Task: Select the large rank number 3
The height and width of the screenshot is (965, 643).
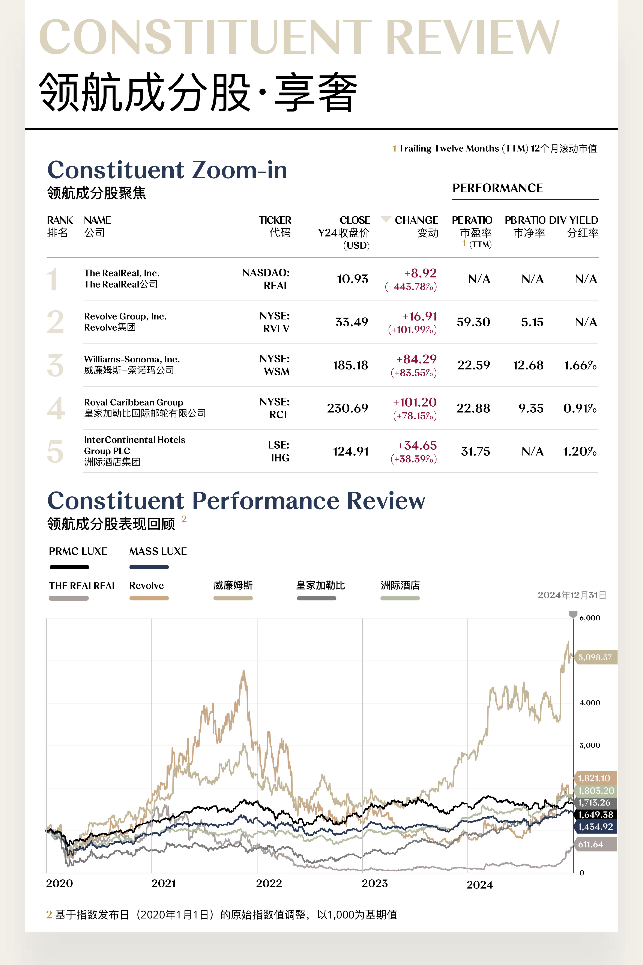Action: [x=55, y=365]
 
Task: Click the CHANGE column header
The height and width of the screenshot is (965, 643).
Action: [x=416, y=220]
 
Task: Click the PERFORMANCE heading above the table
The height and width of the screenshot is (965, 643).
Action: [x=497, y=188]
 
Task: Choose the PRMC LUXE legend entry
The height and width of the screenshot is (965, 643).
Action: [x=78, y=551]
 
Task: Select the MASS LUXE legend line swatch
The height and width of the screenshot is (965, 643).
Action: [x=149, y=567]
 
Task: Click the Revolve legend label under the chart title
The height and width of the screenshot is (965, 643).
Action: [x=146, y=585]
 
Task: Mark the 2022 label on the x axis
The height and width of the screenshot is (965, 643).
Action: [x=269, y=883]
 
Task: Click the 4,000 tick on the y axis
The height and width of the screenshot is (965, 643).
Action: [x=589, y=703]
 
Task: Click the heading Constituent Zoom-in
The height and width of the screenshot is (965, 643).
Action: [x=167, y=170]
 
